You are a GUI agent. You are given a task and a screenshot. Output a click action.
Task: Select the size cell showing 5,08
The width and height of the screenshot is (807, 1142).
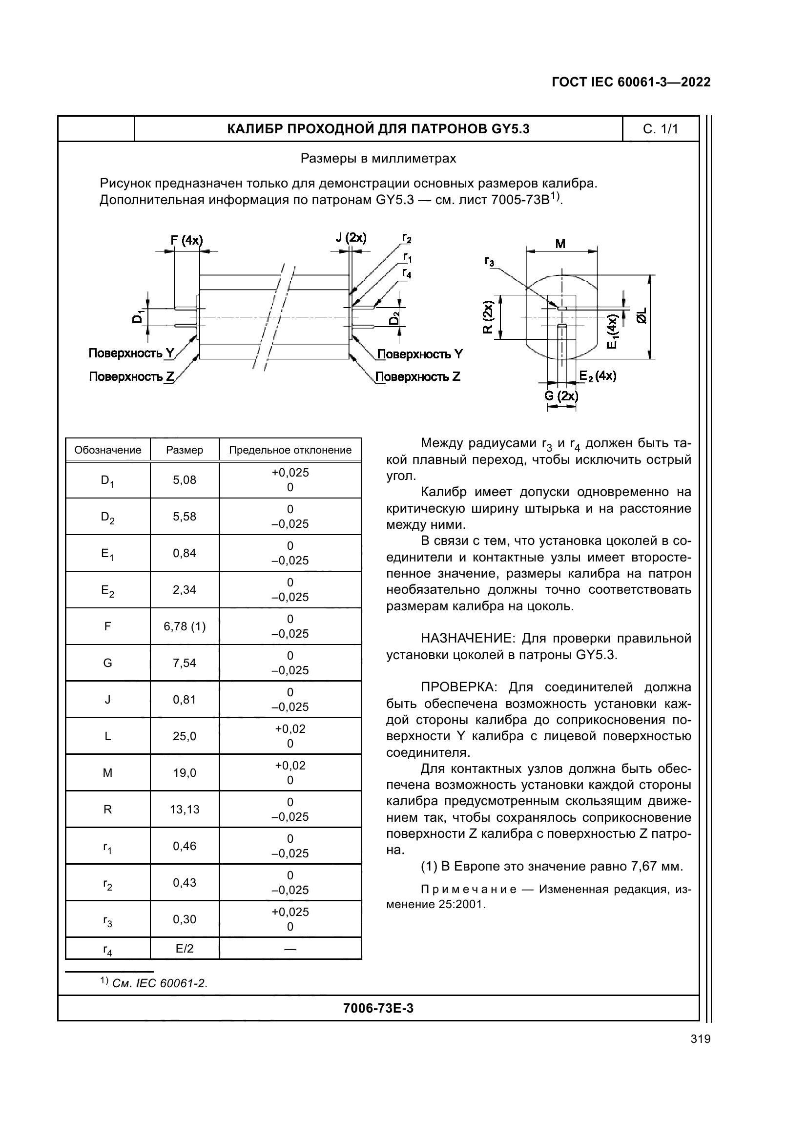click(185, 480)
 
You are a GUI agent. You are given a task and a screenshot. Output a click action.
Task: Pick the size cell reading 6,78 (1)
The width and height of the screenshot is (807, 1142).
click(185, 626)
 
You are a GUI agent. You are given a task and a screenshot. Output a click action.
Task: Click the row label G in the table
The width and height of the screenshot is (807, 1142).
click(107, 663)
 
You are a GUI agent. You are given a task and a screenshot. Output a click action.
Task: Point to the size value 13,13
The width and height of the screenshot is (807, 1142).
click(185, 809)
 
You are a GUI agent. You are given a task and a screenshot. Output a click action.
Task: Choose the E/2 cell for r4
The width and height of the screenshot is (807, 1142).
click(185, 949)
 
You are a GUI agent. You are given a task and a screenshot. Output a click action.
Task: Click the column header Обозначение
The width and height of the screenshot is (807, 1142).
click(107, 450)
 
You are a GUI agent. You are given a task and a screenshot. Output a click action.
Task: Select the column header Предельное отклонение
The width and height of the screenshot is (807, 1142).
click(290, 450)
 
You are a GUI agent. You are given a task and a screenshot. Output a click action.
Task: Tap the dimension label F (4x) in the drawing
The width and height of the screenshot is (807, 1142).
click(186, 240)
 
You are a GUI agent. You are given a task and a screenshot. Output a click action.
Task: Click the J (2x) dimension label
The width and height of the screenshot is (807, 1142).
click(351, 237)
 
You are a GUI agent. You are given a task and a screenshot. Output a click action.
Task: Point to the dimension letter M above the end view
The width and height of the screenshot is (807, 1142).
click(560, 244)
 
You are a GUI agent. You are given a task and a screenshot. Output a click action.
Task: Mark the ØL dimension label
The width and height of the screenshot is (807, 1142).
click(642, 315)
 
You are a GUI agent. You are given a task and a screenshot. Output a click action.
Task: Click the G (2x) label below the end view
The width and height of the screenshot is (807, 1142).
click(561, 396)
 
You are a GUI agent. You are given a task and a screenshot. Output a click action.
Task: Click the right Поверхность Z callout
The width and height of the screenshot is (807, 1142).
click(418, 376)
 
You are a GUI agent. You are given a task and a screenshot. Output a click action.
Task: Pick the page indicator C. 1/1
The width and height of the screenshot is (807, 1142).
click(661, 129)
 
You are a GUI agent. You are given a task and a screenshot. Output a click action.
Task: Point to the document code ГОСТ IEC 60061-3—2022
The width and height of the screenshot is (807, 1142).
click(631, 83)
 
